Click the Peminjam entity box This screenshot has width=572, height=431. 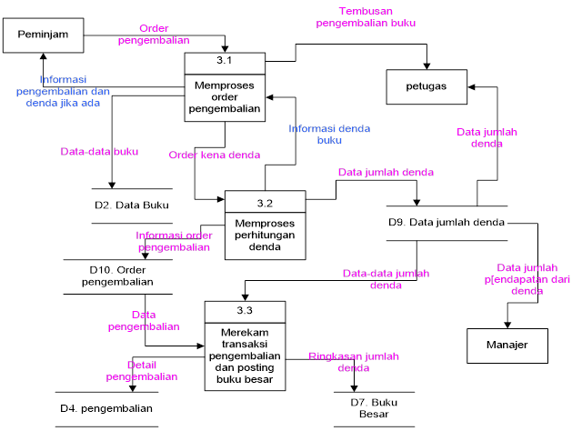pos(42,35)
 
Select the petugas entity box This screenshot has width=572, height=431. pos(426,86)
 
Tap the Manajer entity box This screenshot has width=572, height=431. pos(507,346)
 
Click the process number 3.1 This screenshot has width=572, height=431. pos(225,61)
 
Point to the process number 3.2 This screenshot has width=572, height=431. pos(265,201)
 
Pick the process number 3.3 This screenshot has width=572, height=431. pos(245,312)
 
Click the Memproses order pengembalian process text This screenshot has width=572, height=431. pos(225,97)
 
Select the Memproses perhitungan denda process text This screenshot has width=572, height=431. pos(265,235)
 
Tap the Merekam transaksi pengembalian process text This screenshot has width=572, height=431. pos(245,357)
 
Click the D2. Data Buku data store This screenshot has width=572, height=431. pos(132,205)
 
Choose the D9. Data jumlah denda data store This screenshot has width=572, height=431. pos(446,223)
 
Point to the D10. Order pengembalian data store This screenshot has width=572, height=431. pos(120,276)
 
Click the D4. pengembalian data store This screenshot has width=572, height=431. pos(105,408)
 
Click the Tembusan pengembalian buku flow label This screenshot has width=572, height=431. pos(366,17)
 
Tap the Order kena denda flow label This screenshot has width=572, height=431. pos(215,155)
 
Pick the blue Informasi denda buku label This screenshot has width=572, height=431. pos(329,135)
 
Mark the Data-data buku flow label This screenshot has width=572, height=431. pos(99,152)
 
